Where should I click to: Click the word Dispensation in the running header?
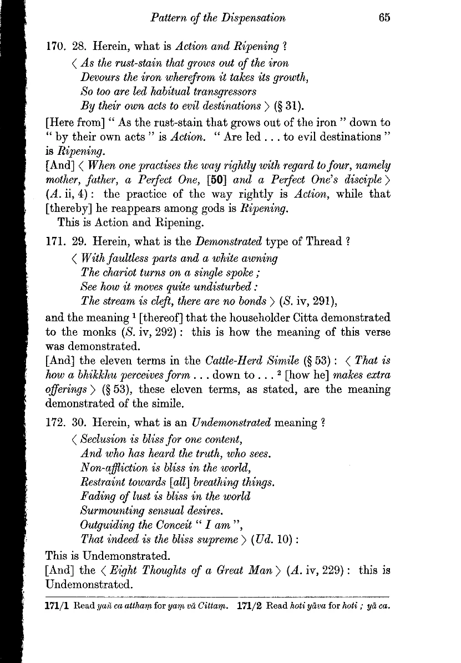click(x=252, y=18)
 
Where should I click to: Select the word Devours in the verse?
click(x=98, y=77)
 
